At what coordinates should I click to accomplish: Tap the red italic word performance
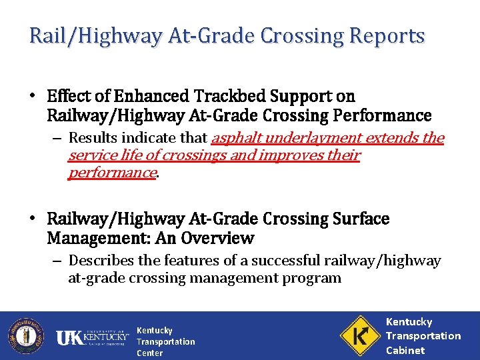111,173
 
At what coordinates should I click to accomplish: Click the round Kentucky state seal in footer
25,335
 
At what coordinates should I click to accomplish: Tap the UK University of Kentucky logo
91,337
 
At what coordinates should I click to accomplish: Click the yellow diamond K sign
359,335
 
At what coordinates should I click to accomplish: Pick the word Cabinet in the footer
405,350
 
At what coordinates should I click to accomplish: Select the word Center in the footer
149,353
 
